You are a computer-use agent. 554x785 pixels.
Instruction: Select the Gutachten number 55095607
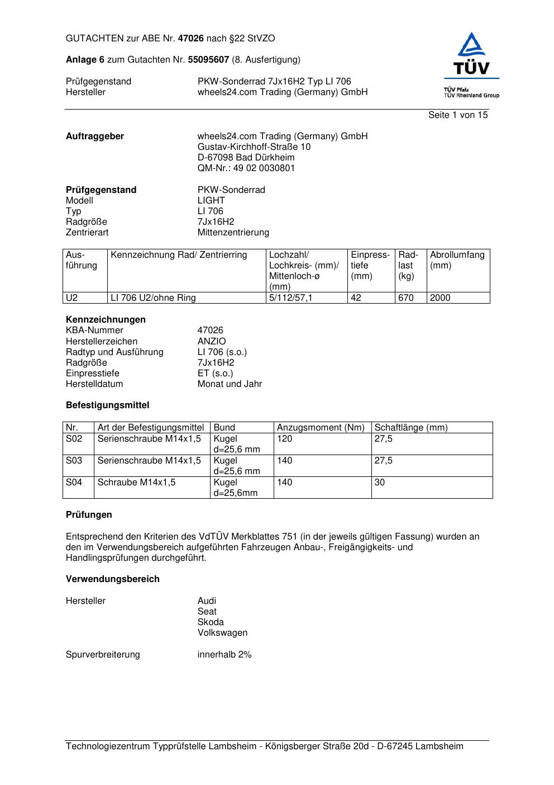[x=208, y=59]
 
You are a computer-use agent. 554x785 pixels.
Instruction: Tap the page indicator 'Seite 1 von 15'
[x=458, y=115]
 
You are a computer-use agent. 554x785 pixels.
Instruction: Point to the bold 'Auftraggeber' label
[x=95, y=136]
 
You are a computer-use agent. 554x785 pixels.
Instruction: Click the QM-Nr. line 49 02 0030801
[x=246, y=168]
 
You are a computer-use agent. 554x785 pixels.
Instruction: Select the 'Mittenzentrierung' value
[x=233, y=232]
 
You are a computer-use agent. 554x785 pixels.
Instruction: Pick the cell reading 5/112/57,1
[x=291, y=297]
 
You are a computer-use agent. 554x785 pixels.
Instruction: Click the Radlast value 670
[x=406, y=297]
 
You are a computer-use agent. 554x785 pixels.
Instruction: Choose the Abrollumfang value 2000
[x=440, y=297]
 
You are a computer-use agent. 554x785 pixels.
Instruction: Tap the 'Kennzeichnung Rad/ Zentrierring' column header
[x=179, y=255]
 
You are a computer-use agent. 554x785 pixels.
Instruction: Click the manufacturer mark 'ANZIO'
[x=212, y=341]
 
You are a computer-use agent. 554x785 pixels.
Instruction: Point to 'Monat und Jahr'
[x=230, y=384]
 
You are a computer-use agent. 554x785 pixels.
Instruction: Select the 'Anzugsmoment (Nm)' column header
[x=321, y=428]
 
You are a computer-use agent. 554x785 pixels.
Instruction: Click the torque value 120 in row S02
[x=285, y=438]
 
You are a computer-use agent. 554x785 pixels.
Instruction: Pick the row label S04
[x=74, y=482]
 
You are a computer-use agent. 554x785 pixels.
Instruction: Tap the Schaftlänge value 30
[x=380, y=482]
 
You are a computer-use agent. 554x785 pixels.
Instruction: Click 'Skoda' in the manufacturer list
[x=211, y=622]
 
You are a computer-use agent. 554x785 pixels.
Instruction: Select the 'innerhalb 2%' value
[x=225, y=654]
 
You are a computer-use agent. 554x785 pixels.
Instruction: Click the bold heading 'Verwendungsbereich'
[x=113, y=579]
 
